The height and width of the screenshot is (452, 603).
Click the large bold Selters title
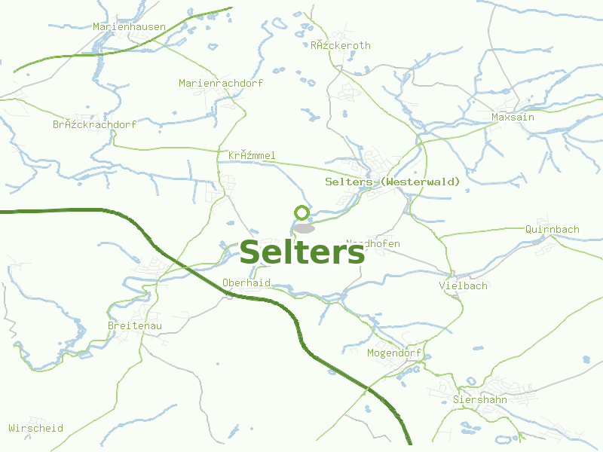(x=302, y=253)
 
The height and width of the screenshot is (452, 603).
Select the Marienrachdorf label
(x=221, y=83)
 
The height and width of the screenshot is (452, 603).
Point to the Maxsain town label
(x=513, y=118)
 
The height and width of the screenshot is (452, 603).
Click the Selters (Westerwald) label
(x=392, y=182)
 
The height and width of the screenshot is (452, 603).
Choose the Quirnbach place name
(x=552, y=229)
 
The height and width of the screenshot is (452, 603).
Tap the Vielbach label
(x=463, y=286)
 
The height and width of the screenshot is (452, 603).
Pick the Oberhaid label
(x=246, y=283)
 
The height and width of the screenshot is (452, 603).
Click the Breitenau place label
(x=135, y=325)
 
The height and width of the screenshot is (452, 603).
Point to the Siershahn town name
(x=479, y=399)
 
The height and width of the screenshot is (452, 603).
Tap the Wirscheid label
(x=35, y=428)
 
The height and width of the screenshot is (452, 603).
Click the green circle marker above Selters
(x=302, y=212)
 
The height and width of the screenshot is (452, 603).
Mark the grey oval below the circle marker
(x=304, y=228)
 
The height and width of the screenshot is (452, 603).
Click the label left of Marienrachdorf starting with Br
(x=94, y=124)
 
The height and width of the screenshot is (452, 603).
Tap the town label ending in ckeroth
(x=341, y=46)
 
